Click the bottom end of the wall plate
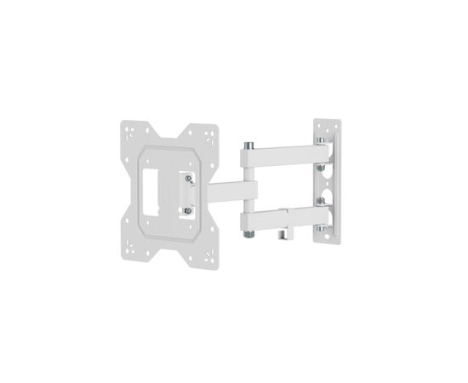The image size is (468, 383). click(324, 242)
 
